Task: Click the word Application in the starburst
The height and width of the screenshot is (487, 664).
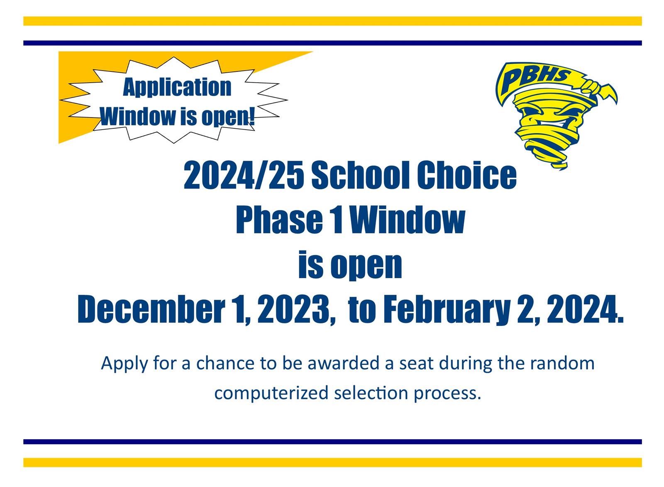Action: pos(177,88)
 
